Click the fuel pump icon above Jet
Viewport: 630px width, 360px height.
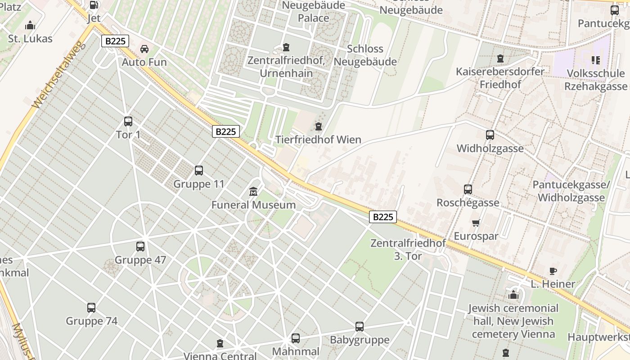tap(94, 5)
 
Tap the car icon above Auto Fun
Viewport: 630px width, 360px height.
tap(144, 49)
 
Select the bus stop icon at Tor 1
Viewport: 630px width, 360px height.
tap(128, 121)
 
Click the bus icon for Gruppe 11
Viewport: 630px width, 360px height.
tap(199, 171)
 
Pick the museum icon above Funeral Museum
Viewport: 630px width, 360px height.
tap(253, 192)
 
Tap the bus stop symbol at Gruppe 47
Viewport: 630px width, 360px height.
tap(140, 247)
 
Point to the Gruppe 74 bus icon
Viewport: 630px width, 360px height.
tap(91, 308)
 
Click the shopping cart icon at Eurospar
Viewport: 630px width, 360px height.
tap(476, 223)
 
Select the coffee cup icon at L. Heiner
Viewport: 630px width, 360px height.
tap(553, 271)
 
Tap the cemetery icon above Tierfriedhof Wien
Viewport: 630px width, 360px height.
tap(319, 126)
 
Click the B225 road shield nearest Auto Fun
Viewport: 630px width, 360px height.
tap(115, 41)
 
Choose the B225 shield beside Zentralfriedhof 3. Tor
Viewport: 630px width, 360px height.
tap(383, 217)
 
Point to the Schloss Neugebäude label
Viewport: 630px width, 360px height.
tap(365, 55)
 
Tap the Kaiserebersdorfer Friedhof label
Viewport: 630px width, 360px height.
tap(500, 78)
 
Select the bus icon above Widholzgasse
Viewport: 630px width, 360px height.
tap(490, 135)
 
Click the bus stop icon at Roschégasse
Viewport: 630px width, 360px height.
tap(468, 189)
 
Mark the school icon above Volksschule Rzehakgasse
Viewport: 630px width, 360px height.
tap(596, 60)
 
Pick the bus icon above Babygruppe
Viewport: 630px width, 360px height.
tap(360, 327)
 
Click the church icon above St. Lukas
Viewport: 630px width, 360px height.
tap(30, 25)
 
